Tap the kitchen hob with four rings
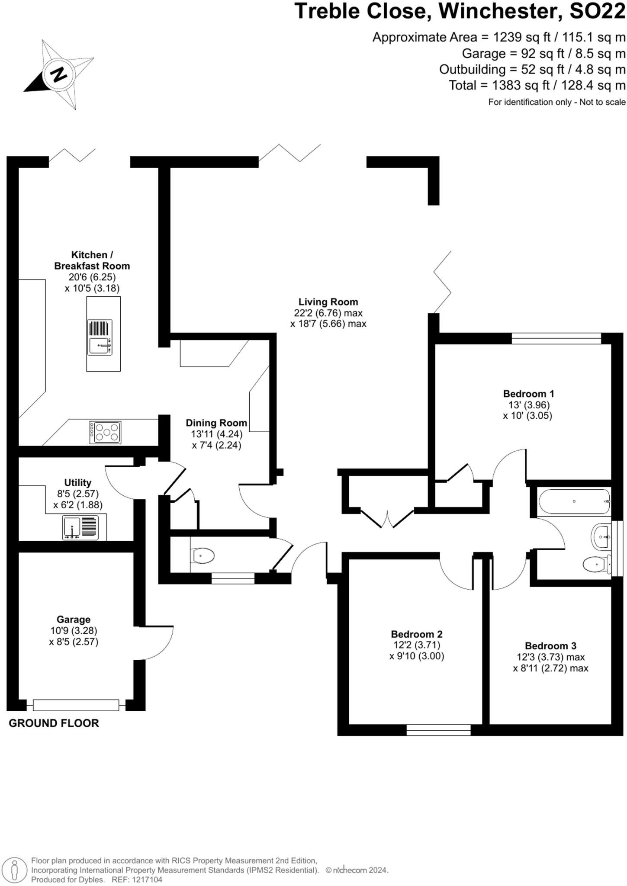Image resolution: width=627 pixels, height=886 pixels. [105, 432]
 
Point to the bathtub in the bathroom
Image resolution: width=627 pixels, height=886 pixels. [574, 501]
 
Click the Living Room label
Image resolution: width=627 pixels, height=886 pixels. [328, 302]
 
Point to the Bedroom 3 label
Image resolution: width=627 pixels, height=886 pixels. [550, 646]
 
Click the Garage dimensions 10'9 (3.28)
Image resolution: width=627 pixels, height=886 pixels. [74, 631]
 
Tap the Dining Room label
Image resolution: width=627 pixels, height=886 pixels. [216, 423]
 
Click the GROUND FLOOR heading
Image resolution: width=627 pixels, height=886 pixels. [54, 723]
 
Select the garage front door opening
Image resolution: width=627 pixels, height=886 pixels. [76, 705]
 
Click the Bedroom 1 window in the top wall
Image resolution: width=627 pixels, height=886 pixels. [556, 338]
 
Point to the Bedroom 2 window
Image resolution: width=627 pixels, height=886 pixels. [438, 730]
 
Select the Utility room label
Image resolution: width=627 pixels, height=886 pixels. [78, 482]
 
